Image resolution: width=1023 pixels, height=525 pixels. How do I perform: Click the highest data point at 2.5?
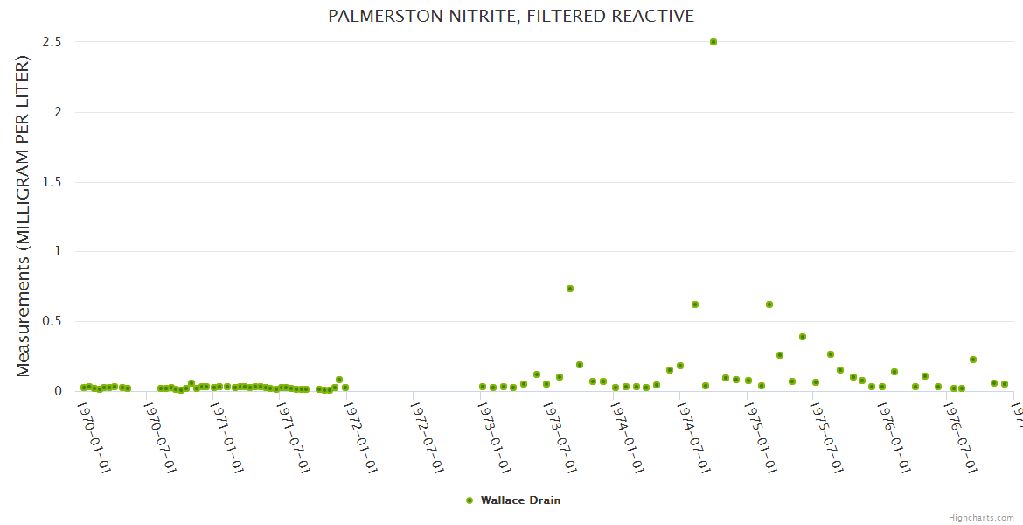[713, 42]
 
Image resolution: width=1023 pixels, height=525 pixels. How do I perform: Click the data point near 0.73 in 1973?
[570, 289]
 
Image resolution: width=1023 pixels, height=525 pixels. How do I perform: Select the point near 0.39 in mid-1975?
[802, 337]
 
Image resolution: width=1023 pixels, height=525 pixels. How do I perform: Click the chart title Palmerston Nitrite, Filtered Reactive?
[511, 16]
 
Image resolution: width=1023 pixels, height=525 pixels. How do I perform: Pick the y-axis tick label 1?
[58, 251]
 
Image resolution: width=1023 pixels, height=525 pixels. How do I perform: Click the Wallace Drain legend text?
[520, 500]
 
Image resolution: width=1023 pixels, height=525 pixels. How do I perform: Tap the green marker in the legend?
[470, 500]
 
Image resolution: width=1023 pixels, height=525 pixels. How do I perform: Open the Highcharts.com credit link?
[981, 517]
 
